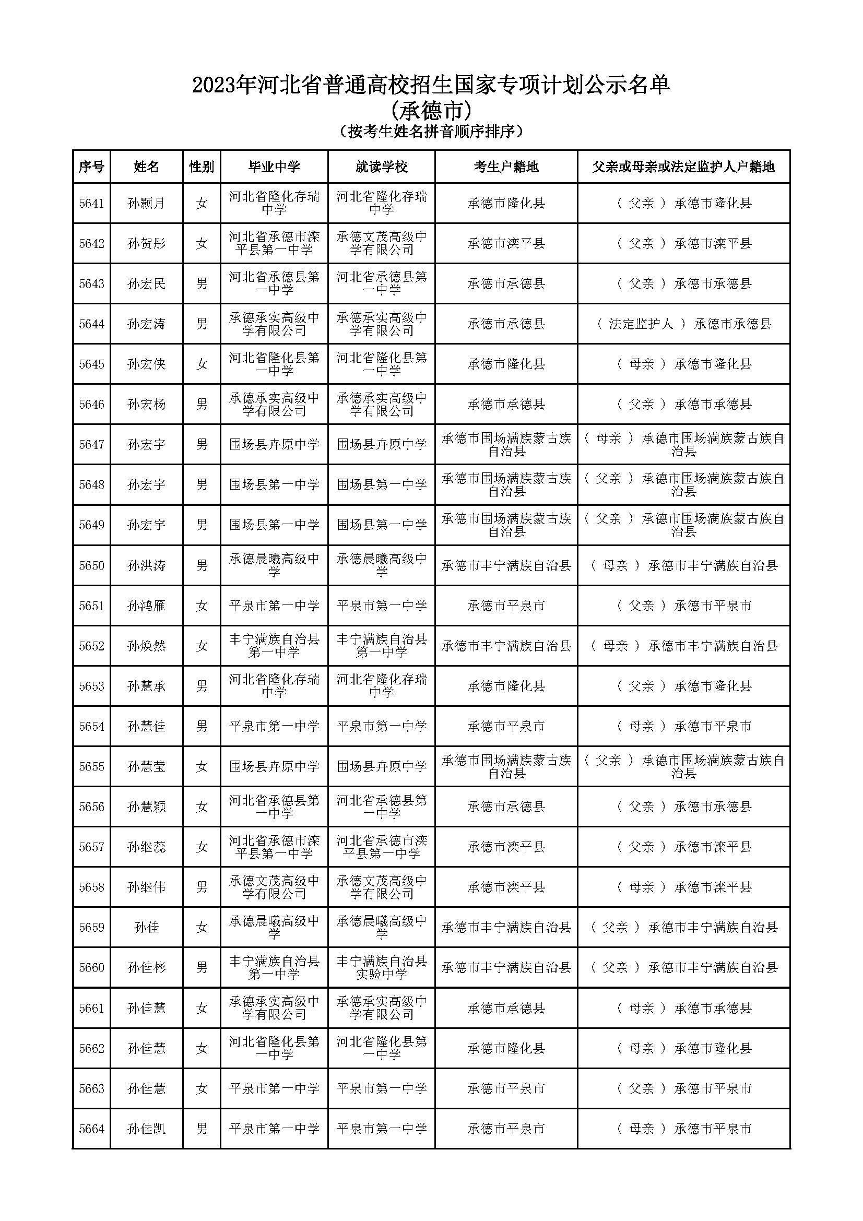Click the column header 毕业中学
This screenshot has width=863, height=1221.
point(274,167)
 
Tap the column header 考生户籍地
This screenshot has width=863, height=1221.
point(506,167)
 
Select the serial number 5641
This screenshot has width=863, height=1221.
point(91,203)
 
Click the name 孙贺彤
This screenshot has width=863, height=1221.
point(146,244)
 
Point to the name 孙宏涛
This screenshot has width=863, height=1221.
point(146,324)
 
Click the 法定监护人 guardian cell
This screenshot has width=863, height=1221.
point(684,324)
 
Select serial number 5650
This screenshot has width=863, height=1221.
point(91,565)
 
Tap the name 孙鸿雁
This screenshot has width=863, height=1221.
point(146,606)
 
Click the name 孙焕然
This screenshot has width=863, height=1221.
point(146,646)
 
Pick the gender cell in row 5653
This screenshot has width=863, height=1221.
point(202,686)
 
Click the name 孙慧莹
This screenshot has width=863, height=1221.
point(146,767)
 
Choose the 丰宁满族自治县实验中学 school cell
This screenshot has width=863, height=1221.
point(381,968)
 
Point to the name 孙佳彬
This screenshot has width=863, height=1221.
point(146,968)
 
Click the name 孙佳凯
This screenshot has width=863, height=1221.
point(146,1129)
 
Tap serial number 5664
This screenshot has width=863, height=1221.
point(91,1129)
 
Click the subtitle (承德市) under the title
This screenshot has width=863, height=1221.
point(431,111)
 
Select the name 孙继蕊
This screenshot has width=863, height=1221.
point(146,847)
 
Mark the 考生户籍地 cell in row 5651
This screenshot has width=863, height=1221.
point(506,606)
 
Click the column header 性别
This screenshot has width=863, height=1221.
point(202,167)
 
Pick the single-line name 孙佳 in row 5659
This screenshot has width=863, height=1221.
point(146,928)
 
